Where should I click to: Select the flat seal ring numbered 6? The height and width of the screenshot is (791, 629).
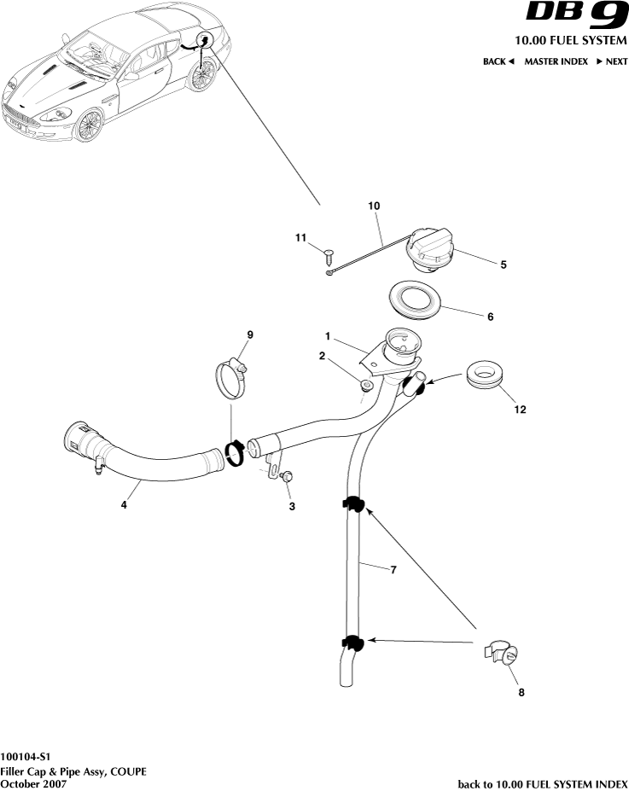tap(416, 302)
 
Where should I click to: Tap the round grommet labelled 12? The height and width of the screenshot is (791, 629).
tap(488, 376)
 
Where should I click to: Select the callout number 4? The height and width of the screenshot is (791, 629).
tap(123, 505)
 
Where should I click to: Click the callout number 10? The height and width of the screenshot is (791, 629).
tap(374, 206)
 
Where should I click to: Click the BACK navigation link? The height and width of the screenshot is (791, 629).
tap(498, 61)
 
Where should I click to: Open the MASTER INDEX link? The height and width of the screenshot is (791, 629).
tap(556, 61)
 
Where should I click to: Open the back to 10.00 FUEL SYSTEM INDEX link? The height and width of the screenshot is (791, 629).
tap(543, 783)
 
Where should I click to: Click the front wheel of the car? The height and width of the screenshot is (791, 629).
tap(88, 125)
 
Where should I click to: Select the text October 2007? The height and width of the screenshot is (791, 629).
tap(33, 783)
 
